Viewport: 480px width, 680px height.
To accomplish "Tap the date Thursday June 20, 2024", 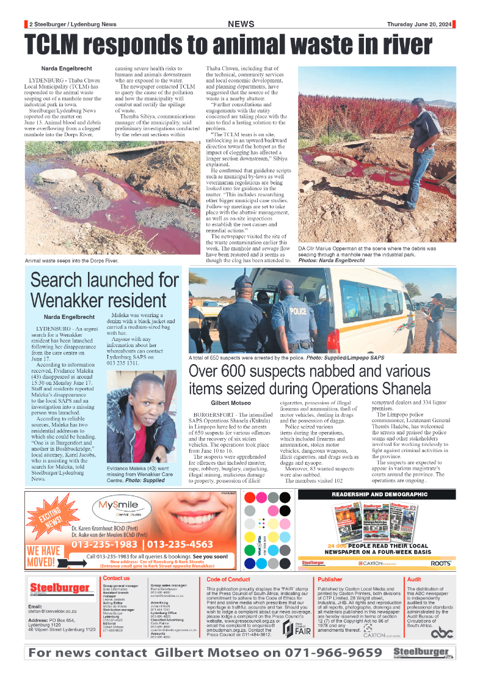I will point(419,24).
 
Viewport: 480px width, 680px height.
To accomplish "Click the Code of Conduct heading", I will point(228,579).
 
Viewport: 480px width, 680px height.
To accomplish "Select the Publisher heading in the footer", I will point(330,579).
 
